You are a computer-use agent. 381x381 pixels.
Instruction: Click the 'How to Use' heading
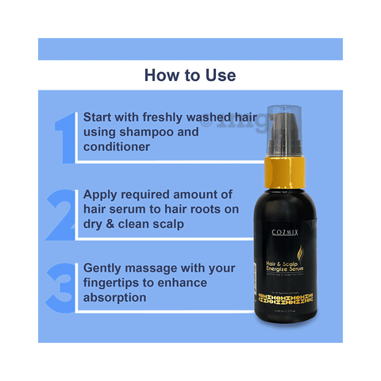point(190,75)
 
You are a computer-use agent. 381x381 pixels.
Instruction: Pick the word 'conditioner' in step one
point(118,147)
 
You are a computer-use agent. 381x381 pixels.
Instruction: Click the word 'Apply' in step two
point(101,194)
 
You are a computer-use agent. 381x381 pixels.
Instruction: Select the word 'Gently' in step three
point(103,267)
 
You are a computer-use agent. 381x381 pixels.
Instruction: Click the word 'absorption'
point(114,298)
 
